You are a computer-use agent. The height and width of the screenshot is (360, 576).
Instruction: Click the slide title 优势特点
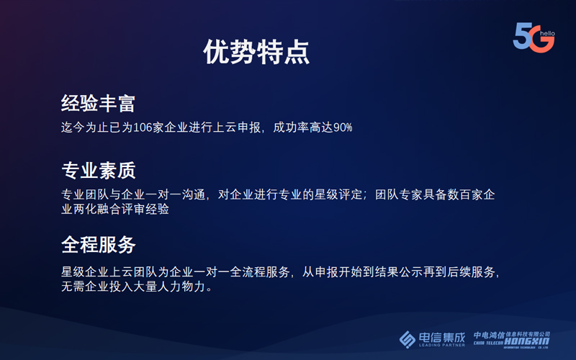coord(256,52)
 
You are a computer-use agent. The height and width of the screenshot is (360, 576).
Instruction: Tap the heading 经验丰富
coord(98,103)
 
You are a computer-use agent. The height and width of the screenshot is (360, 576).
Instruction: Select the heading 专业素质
coord(99,171)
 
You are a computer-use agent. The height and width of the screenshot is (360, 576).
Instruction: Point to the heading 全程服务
coord(99,245)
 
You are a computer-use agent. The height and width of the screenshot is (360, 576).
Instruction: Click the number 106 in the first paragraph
coord(143,127)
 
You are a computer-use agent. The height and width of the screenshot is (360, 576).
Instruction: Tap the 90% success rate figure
coord(343,127)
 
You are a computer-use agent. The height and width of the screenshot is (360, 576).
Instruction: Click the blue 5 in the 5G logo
coord(523,36)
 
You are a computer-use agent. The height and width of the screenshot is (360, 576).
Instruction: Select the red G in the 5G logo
coord(542,40)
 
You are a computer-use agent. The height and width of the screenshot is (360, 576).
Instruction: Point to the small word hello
coord(547,33)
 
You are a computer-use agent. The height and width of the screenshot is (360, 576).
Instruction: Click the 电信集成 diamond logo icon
coord(407,339)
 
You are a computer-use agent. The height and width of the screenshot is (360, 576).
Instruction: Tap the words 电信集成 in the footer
coord(442,337)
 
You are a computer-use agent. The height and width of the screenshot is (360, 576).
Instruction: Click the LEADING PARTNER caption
coord(442,346)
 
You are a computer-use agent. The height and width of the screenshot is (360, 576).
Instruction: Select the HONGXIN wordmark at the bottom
coord(526,341)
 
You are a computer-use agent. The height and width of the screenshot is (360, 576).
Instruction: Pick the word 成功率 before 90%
coord(291,127)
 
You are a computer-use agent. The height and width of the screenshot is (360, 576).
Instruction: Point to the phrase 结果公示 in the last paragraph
coord(399,272)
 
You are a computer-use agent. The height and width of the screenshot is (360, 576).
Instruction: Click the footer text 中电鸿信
coord(489,335)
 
